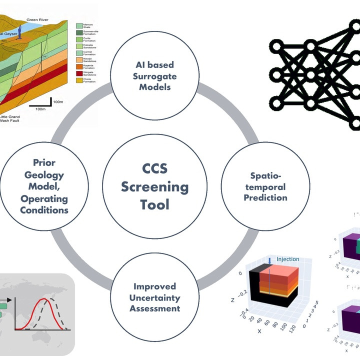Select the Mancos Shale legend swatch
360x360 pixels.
click(79, 25)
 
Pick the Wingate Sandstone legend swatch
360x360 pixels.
click(79, 73)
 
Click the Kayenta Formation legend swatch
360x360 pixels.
click(79, 66)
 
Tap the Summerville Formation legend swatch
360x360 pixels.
click(79, 32)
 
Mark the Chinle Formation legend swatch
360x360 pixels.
click(79, 80)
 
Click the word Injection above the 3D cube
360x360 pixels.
click(287, 259)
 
